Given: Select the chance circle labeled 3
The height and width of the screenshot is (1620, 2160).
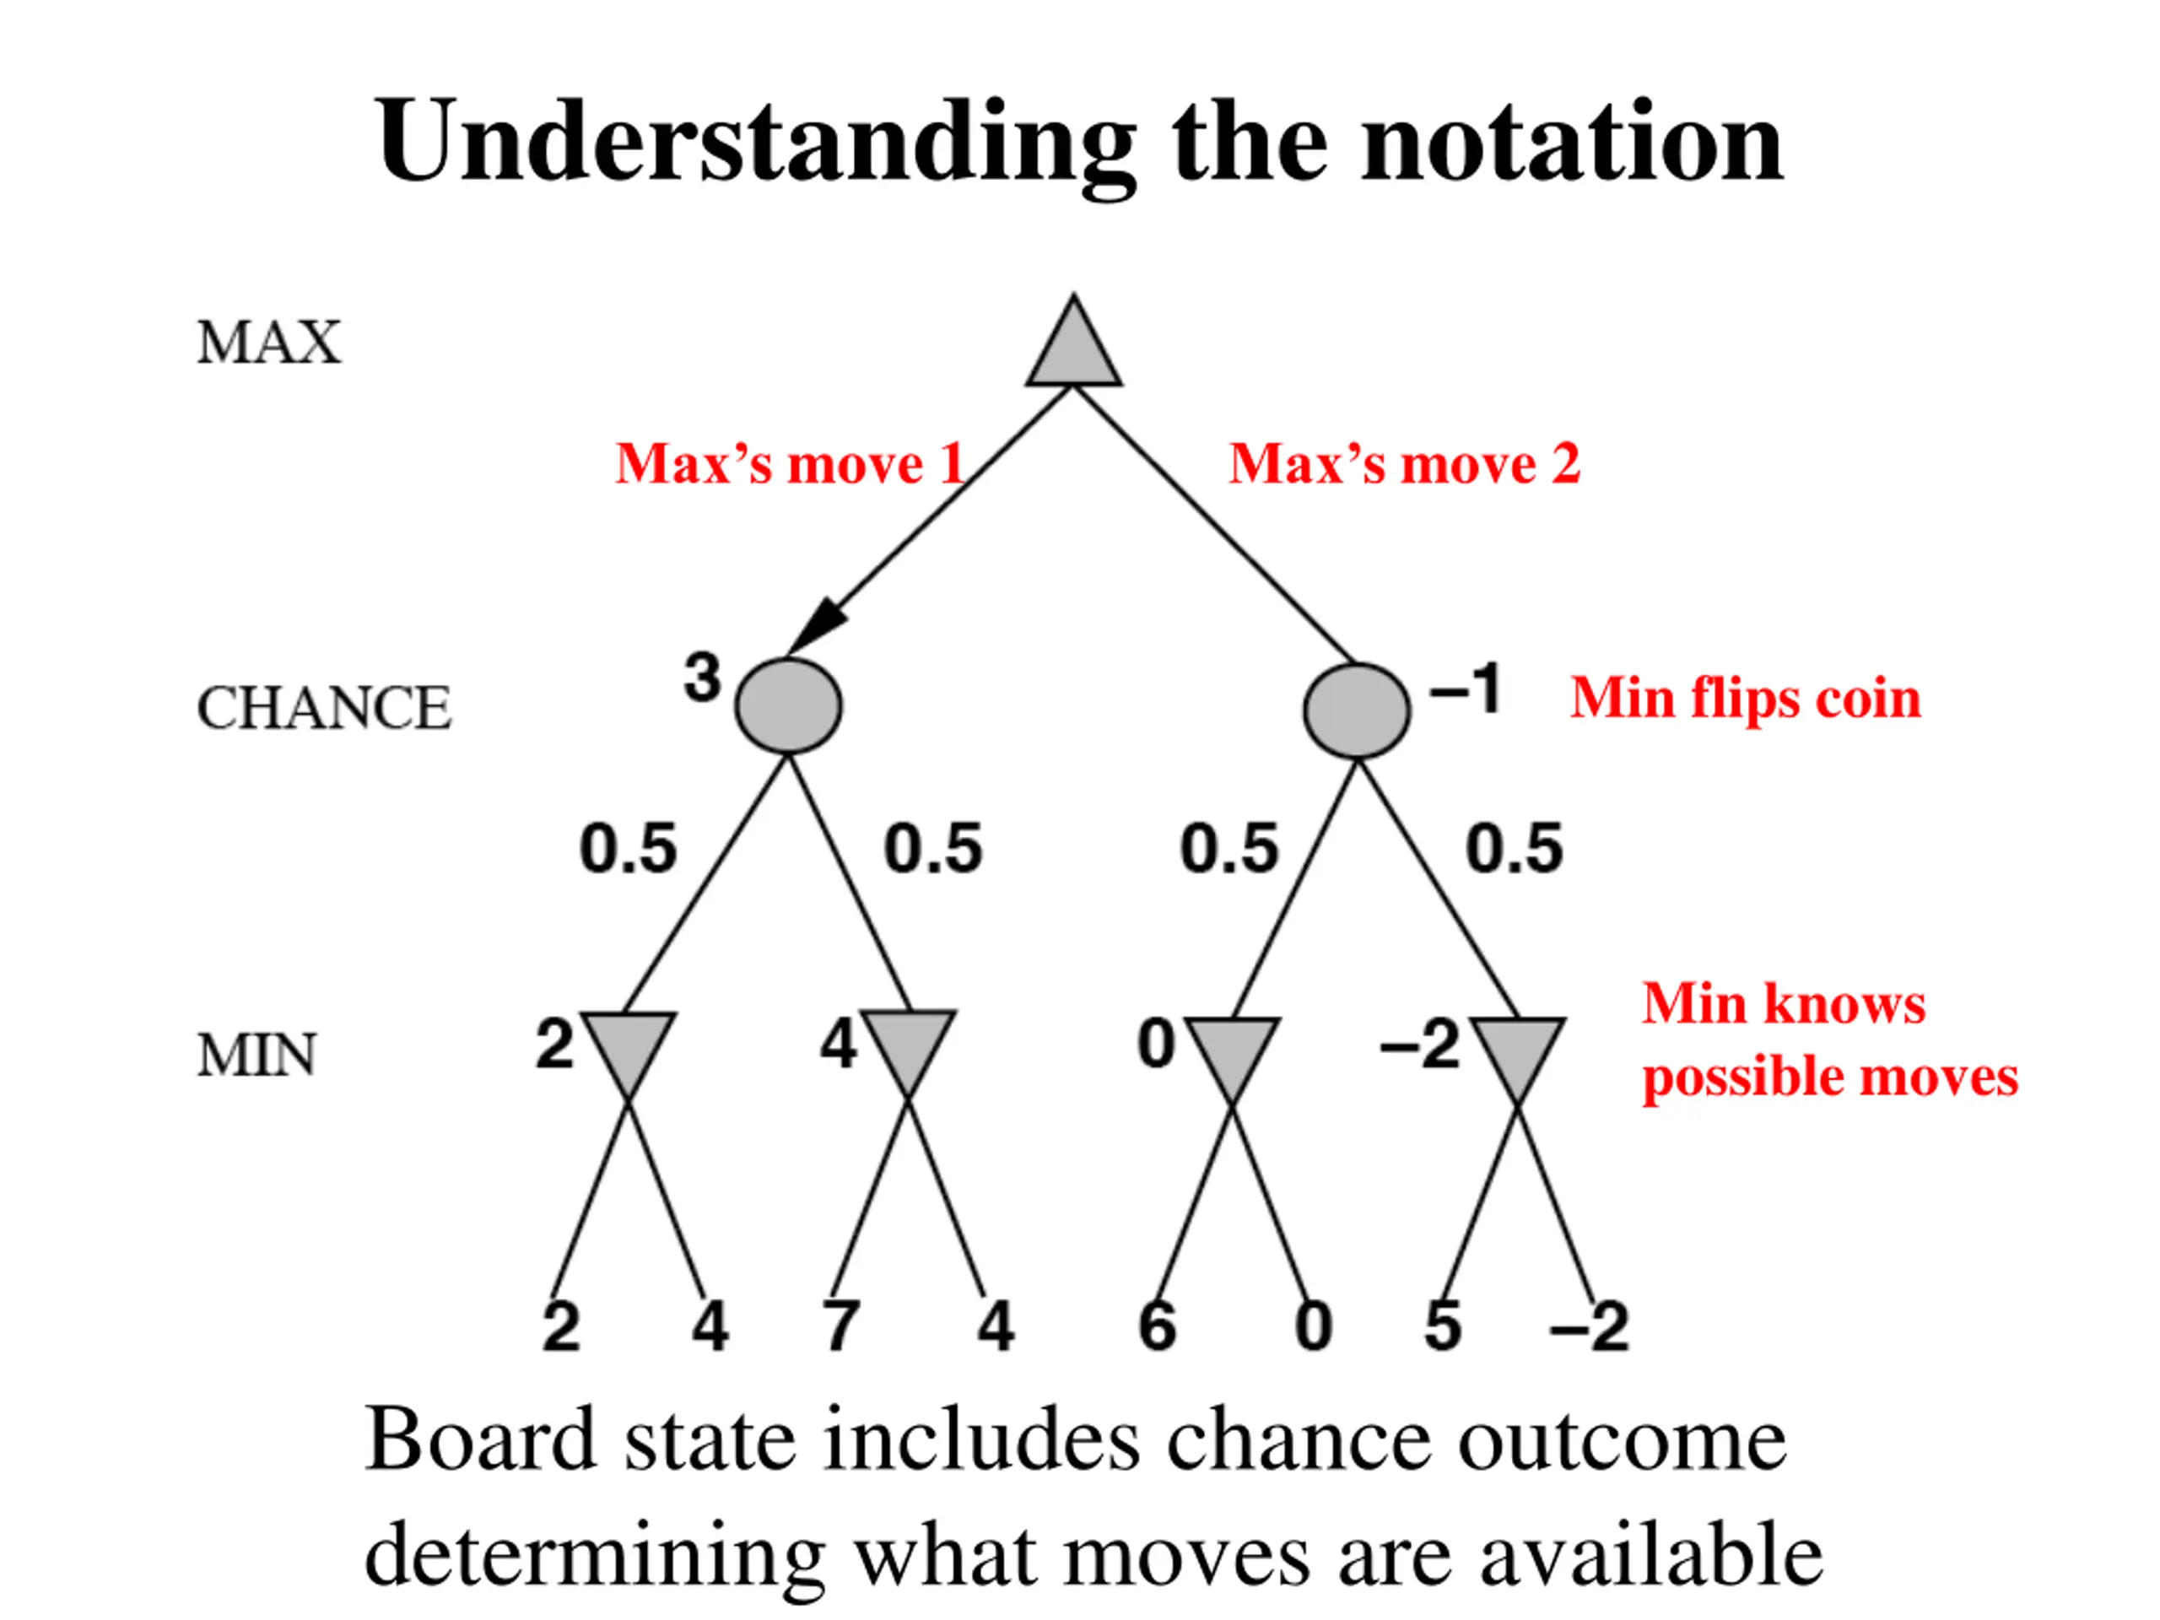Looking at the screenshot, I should point(788,706).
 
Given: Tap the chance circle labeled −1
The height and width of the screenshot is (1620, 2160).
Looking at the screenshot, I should point(1357,711).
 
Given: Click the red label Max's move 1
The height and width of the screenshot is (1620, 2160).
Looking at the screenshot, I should point(790,463).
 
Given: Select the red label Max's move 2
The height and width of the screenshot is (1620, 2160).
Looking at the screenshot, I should point(1404,463).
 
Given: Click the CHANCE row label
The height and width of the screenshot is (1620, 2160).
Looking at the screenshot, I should point(323,708).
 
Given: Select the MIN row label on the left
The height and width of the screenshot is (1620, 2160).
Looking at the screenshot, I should point(256,1056).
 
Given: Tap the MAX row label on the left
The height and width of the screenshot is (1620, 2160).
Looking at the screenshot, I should point(268,343).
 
